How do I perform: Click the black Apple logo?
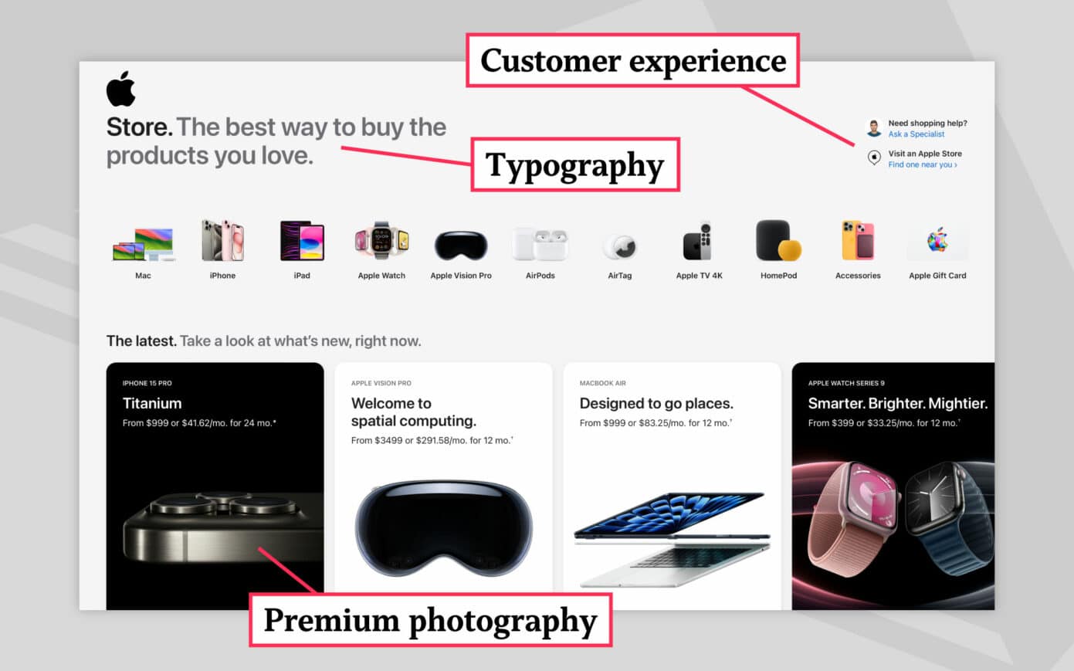coord(120,89)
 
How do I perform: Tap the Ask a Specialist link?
coord(916,134)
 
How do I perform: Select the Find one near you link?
coord(922,164)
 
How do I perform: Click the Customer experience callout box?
coord(632,60)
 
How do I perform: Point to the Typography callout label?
coord(575,164)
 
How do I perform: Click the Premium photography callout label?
coord(430,620)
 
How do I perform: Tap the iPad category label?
coord(302,276)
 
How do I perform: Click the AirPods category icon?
coord(540,245)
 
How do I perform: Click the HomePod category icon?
coord(778,241)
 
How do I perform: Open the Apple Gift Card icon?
coord(937,241)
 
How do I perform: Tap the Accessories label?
coord(858,276)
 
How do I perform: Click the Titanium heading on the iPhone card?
coord(152,403)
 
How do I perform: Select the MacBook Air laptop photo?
coord(672,537)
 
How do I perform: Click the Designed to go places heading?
coord(656,403)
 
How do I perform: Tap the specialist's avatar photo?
coord(874,127)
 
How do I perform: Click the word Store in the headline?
coord(139,127)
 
